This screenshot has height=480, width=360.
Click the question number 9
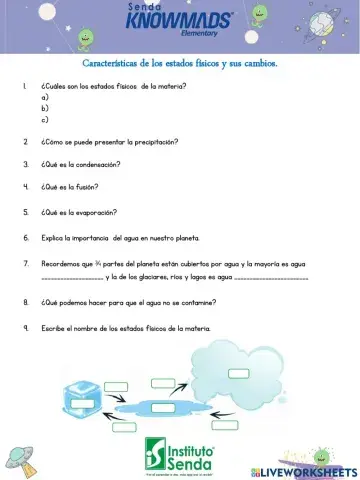[x=24, y=328]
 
